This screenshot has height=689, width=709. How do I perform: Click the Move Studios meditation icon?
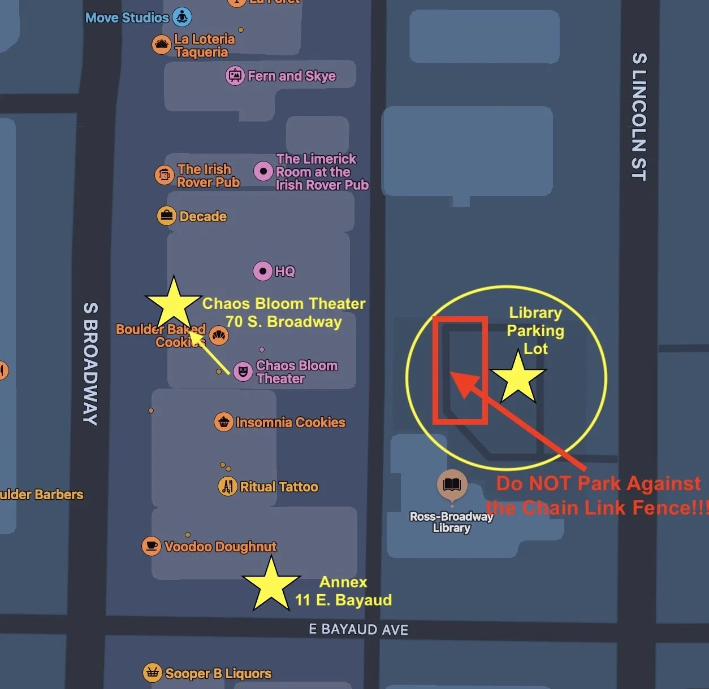[x=182, y=17]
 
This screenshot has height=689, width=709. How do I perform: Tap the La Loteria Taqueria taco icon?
[x=162, y=45]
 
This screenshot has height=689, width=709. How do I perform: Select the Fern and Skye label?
[x=292, y=76]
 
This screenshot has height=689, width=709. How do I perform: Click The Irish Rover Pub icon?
[x=165, y=175]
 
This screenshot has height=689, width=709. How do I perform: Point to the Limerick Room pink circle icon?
[x=263, y=171]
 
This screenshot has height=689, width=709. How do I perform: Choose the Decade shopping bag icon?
[x=167, y=216]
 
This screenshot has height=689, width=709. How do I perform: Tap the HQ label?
[x=285, y=272]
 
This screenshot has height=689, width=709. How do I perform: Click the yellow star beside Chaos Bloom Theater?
[x=173, y=304]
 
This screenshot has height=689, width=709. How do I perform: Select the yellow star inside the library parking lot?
[x=518, y=377]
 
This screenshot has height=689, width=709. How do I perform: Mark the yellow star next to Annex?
[x=271, y=584]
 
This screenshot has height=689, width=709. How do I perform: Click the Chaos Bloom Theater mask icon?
[x=243, y=372]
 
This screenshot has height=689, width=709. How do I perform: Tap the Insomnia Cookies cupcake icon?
[x=224, y=422]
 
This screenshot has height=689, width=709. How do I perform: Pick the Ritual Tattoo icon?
[x=228, y=486]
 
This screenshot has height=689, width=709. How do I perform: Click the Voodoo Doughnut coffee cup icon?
[x=152, y=546]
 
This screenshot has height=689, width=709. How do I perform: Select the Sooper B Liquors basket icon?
[x=152, y=673]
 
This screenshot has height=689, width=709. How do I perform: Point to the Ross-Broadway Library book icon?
[x=452, y=485]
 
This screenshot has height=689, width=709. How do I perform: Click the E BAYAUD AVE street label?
[x=358, y=629]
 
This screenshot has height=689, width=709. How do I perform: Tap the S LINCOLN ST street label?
[x=639, y=116]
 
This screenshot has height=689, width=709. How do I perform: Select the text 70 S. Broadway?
[x=284, y=322]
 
